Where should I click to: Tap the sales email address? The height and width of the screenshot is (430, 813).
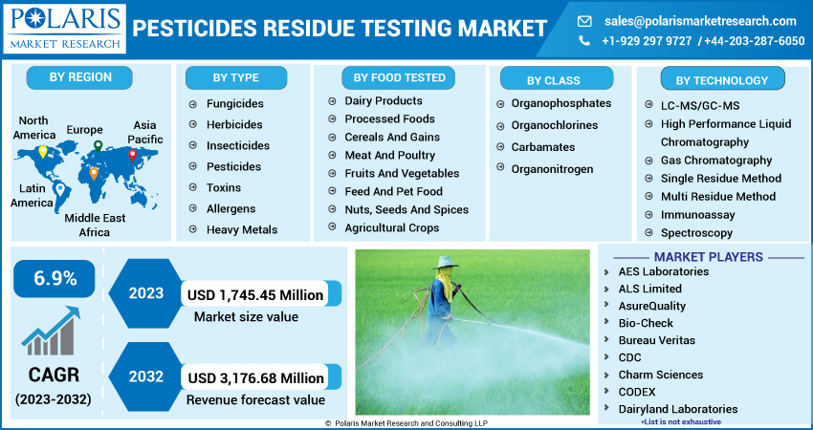point(700,20)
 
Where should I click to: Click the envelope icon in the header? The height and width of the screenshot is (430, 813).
point(585,20)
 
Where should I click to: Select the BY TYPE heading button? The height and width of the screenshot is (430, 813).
point(235,78)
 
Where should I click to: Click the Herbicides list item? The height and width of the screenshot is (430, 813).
point(233,124)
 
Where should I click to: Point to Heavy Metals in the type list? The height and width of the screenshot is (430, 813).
point(241,229)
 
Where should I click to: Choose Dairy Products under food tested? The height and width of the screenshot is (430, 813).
point(383,100)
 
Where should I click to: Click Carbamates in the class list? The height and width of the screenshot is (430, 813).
point(542,147)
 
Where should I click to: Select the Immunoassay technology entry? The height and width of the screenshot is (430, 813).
point(696,215)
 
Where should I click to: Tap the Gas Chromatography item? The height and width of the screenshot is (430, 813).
point(715,161)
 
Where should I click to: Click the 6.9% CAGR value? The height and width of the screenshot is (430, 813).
point(55,279)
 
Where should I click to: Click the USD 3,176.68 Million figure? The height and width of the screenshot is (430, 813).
point(256,378)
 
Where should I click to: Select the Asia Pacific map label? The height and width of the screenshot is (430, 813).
point(144,132)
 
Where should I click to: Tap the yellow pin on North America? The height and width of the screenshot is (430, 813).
point(42,152)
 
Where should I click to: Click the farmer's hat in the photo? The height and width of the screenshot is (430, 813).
point(447,261)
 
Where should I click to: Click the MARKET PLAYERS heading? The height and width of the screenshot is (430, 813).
point(708,257)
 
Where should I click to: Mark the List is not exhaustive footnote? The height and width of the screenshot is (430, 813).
point(682,421)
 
